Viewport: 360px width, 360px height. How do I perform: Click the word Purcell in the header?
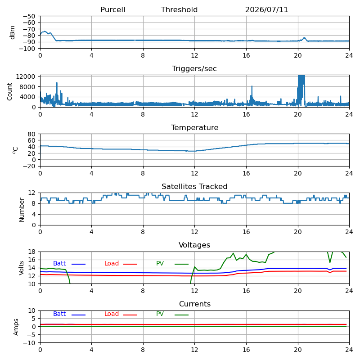[113, 9]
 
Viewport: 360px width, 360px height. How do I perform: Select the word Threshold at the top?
[179, 9]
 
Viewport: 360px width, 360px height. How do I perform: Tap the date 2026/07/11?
[266, 9]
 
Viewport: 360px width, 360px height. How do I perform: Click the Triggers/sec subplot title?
[194, 69]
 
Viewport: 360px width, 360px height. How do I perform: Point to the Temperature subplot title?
[195, 127]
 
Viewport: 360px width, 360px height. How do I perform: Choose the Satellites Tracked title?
[194, 186]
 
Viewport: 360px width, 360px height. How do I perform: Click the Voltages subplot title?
[194, 245]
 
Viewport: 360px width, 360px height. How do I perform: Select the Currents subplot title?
[195, 304]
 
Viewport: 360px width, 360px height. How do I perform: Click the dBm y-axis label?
[13, 32]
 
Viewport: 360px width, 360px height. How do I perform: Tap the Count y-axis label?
[9, 91]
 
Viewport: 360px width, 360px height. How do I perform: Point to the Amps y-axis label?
[16, 327]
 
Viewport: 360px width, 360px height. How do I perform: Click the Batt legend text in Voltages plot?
[59, 263]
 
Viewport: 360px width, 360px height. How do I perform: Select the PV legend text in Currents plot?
[160, 314]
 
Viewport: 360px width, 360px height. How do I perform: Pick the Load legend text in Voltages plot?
[112, 263]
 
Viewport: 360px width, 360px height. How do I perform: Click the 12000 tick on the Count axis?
[26, 76]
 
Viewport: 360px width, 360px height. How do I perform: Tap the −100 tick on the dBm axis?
[27, 49]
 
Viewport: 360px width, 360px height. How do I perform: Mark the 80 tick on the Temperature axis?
[31, 134]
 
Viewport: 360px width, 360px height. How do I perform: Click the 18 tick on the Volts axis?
[31, 252]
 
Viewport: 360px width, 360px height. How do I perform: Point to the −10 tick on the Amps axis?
[29, 343]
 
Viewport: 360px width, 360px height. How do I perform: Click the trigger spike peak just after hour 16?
[252, 86]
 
